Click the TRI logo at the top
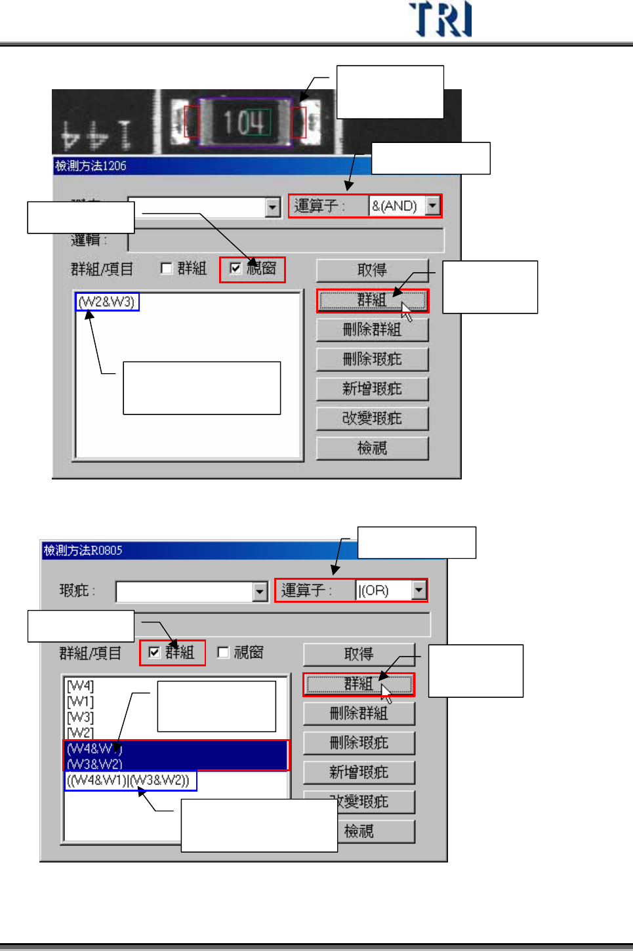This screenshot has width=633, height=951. pos(440,20)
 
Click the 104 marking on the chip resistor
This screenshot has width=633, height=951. pos(244,123)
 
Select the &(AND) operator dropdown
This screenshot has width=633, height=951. pos(404,206)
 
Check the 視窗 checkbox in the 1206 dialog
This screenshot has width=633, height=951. pos(235,268)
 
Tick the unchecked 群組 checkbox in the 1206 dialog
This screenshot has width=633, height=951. pos(167,268)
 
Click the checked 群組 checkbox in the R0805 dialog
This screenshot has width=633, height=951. pos(155,653)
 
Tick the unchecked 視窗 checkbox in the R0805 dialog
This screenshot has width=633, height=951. pos(223,653)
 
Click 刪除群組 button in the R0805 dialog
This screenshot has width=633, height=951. pos(359,714)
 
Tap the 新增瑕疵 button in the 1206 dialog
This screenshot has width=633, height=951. pos(372,389)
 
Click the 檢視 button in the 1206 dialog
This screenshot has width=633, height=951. pos(372,448)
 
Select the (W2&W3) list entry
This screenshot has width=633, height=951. pos(106,302)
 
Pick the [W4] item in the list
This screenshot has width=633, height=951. pos(81,686)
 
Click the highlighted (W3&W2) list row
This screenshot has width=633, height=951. pos(95,764)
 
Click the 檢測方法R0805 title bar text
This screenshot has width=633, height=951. pos(83,550)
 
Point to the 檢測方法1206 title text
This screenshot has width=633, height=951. pos(91,166)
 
